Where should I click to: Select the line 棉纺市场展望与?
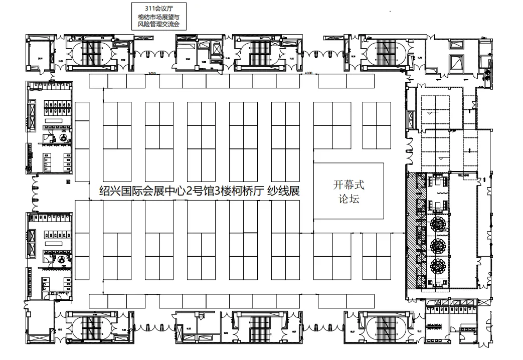158,17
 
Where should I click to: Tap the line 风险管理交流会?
158,24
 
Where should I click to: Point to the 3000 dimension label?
153,74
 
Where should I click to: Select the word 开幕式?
349,185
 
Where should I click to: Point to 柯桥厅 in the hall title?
246,191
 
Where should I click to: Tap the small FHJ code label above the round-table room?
463,175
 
